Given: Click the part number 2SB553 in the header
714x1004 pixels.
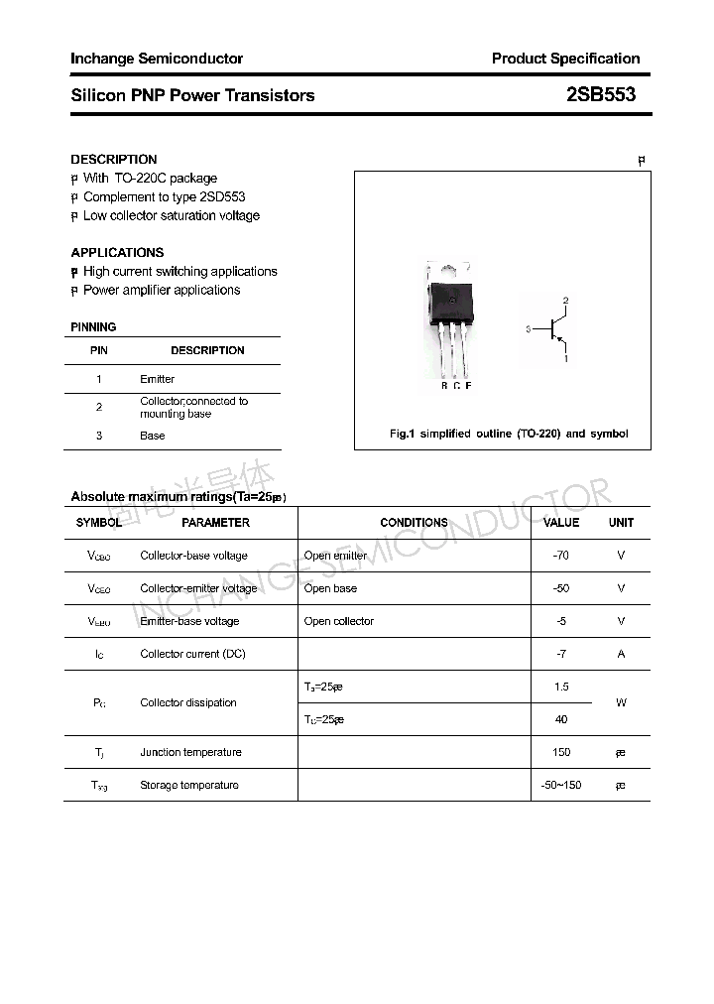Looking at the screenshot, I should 600,95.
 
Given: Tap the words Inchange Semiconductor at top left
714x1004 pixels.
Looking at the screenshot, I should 156,59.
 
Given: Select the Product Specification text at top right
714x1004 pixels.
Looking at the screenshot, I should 565,59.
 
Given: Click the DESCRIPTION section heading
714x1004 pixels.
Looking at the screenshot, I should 113,159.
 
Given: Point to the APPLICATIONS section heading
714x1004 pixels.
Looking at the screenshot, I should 117,252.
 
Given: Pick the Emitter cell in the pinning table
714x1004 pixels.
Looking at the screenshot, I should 157,379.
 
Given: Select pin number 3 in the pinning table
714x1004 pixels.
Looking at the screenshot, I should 99,436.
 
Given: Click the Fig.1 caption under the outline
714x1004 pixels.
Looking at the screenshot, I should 509,434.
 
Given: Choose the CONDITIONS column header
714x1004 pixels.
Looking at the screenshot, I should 414,522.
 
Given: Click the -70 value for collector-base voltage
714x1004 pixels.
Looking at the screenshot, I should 561,556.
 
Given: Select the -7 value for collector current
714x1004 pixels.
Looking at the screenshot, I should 561,654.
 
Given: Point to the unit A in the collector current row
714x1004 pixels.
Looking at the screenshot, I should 621,654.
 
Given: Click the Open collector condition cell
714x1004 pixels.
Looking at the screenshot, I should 338,621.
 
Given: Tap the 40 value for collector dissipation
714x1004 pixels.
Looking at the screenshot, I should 561,719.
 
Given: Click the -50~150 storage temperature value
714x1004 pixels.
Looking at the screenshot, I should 561,785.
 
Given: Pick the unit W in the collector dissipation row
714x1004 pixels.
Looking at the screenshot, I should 621,702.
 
